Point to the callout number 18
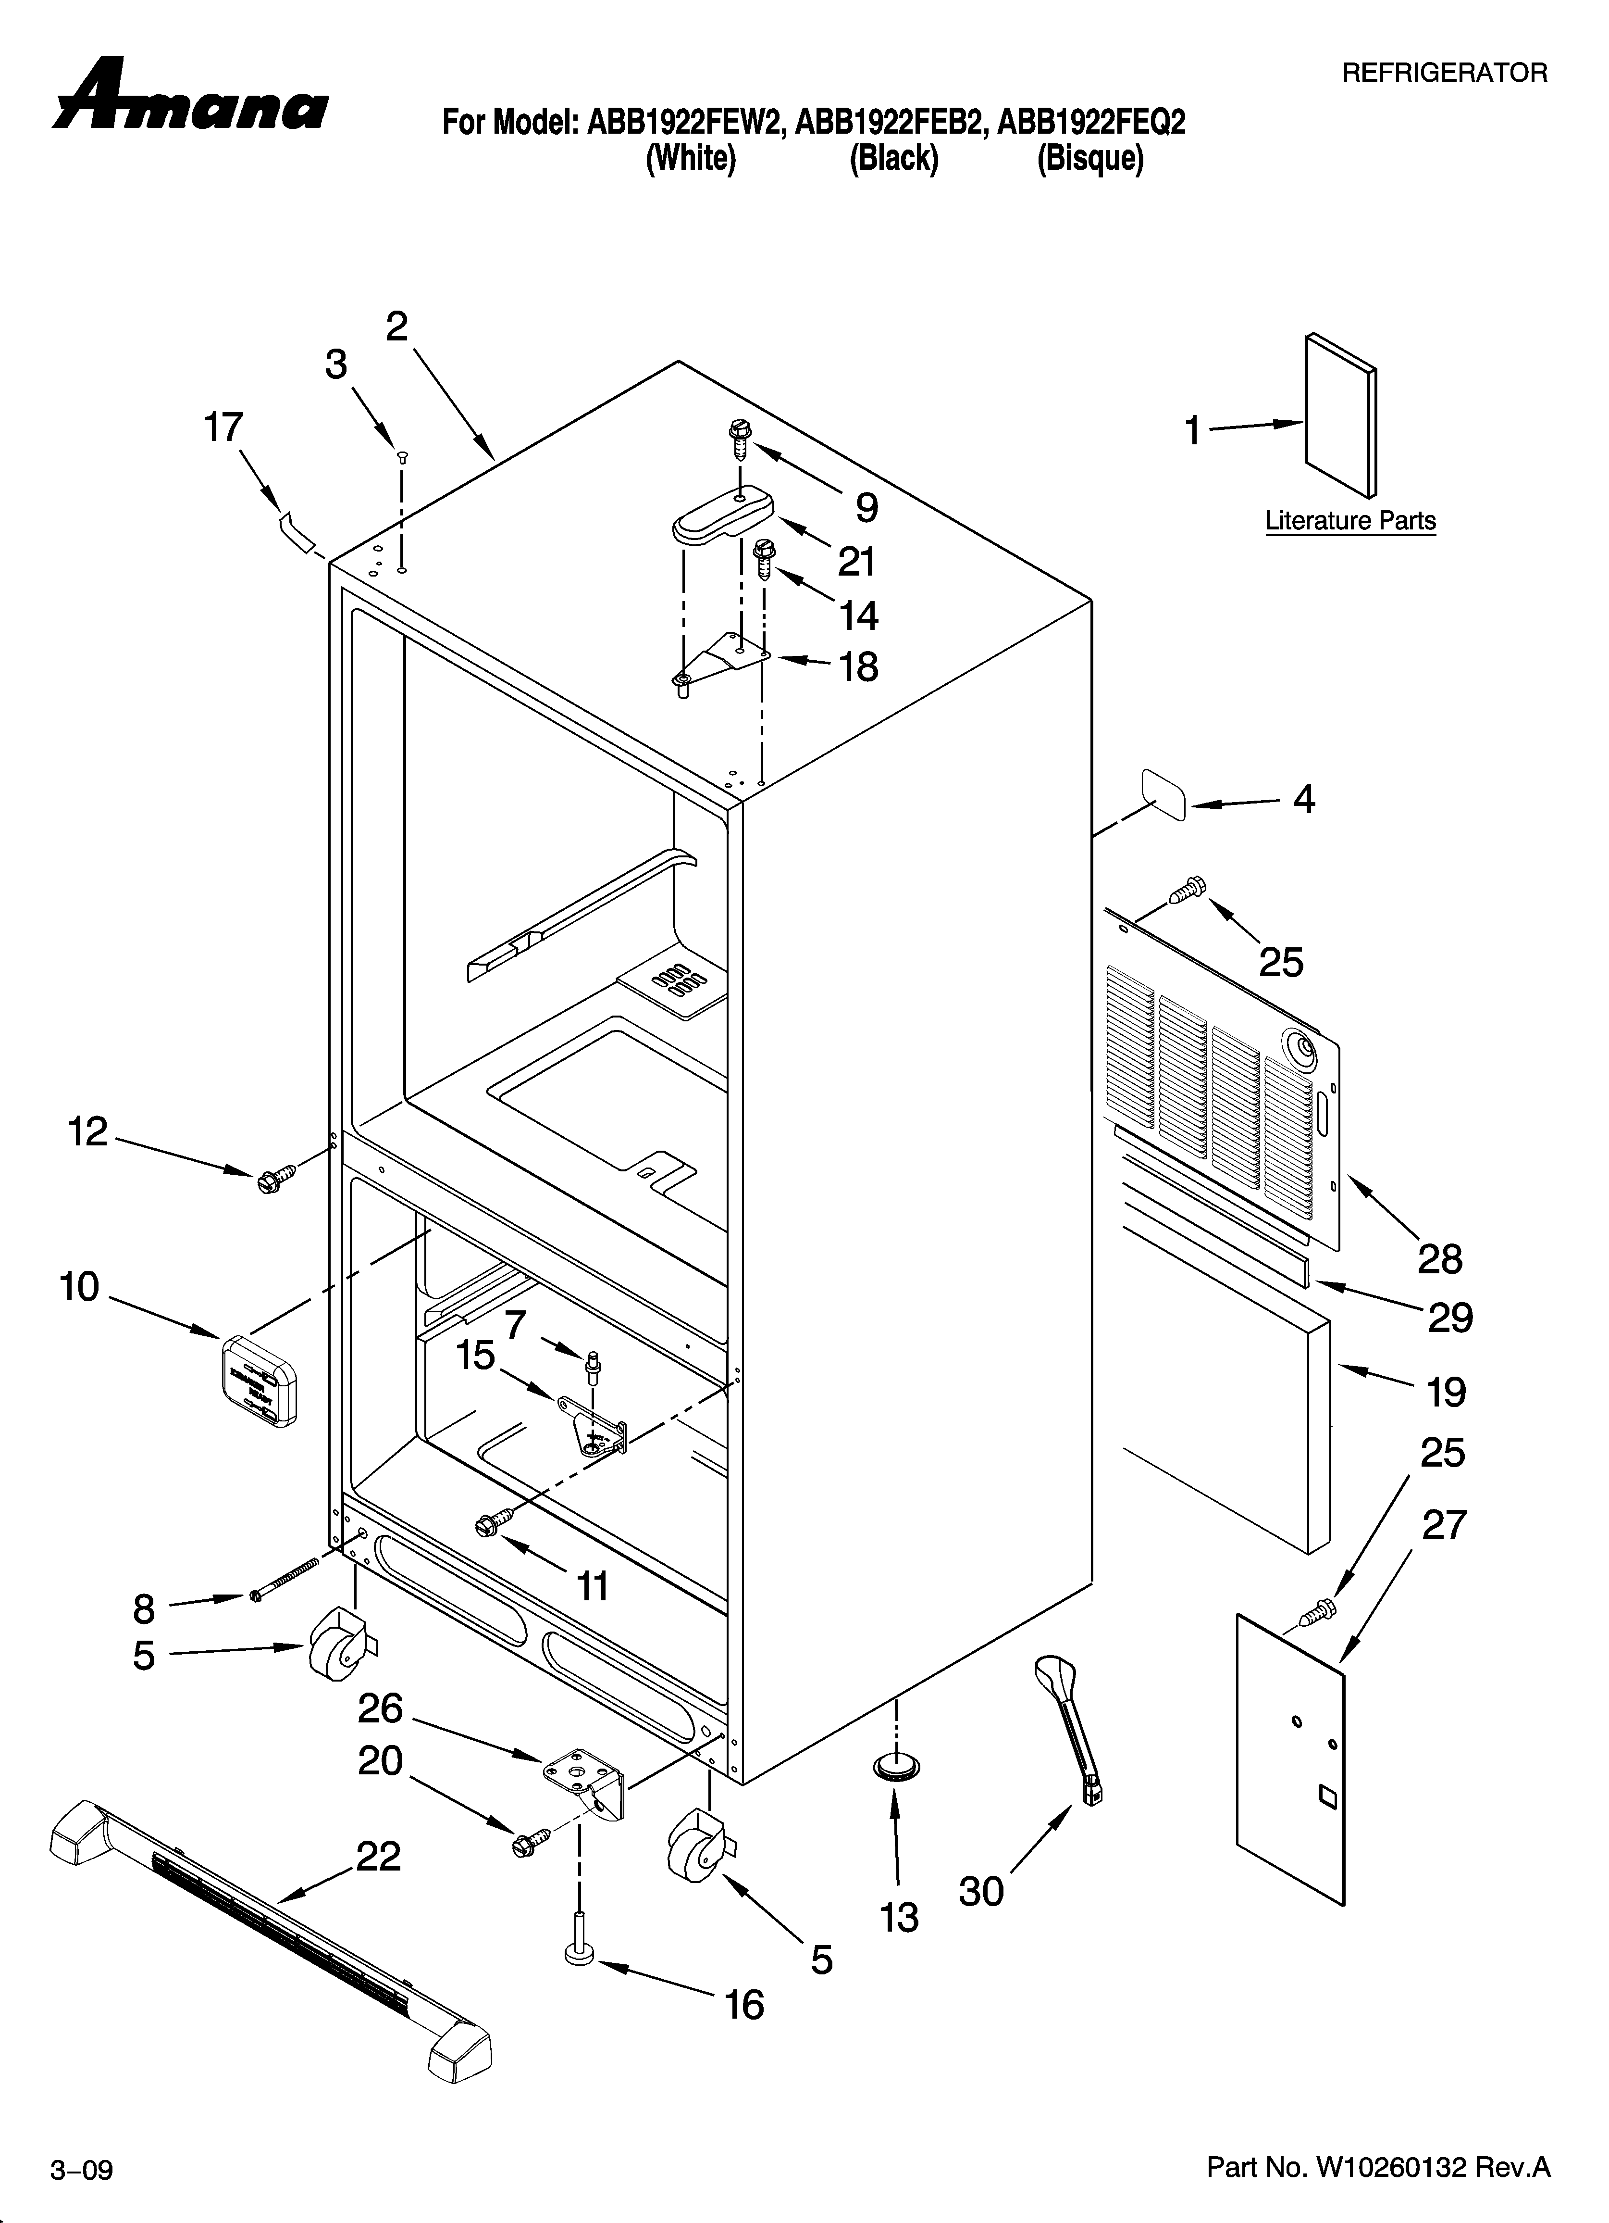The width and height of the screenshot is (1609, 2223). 858,667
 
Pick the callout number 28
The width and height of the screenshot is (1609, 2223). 1439,1259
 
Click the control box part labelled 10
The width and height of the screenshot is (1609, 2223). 257,1379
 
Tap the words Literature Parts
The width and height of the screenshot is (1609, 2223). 1350,520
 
